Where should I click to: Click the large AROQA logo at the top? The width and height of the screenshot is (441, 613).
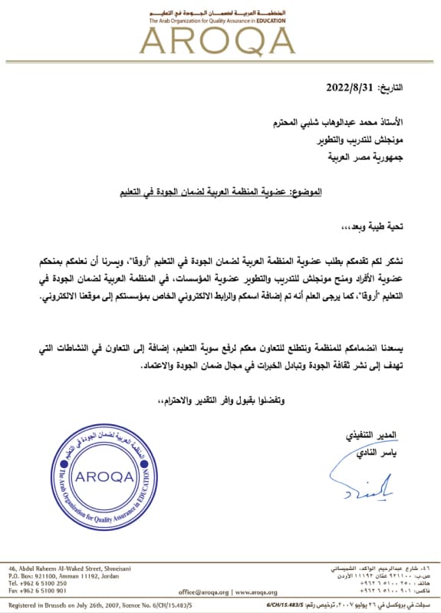(x=220, y=38)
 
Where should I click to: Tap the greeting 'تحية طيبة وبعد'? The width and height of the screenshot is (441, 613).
(x=388, y=228)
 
